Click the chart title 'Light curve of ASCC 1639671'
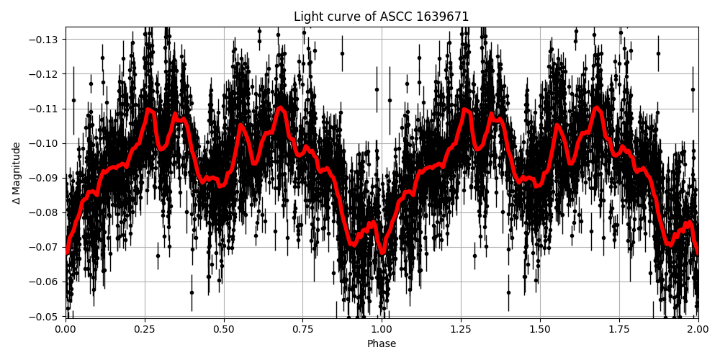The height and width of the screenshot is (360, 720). [382, 17]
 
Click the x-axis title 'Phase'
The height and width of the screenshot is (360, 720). [382, 344]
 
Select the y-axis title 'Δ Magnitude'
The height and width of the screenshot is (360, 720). [17, 173]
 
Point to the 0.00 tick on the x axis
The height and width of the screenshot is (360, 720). [66, 328]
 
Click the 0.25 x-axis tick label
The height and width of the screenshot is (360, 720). [145, 328]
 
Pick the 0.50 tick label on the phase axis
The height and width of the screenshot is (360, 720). [224, 328]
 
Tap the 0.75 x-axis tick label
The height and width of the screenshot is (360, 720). [303, 328]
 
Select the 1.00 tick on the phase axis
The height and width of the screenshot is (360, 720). [382, 328]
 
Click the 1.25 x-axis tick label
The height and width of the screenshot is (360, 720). [461, 328]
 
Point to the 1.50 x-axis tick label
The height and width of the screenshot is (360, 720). [540, 328]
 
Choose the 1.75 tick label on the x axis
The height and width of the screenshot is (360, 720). [619, 328]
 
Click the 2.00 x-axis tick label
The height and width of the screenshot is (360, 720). [698, 328]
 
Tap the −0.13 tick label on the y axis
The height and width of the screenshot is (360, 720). [46, 40]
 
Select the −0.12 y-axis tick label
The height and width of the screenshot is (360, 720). [46, 74]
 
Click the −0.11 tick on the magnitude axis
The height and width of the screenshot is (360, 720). [46, 109]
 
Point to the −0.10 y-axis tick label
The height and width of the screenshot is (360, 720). [46, 143]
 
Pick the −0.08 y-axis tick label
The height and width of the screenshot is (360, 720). [46, 212]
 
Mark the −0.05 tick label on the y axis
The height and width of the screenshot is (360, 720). [46, 316]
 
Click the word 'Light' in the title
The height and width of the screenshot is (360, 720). [307, 17]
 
